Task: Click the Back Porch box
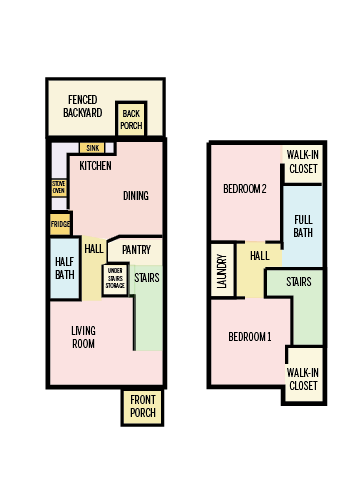(131, 119)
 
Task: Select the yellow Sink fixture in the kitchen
(94, 148)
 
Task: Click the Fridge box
(60, 224)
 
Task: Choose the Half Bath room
(64, 269)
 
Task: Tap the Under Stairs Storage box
(115, 278)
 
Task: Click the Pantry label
(136, 249)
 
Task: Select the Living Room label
(83, 337)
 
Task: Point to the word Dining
(137, 196)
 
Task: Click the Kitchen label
(95, 166)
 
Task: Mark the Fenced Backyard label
(82, 106)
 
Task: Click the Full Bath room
(302, 226)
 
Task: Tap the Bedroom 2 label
(244, 189)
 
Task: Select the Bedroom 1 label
(249, 337)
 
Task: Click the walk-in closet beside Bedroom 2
(302, 162)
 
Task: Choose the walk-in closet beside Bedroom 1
(303, 379)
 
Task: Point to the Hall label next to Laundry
(259, 257)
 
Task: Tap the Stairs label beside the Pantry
(146, 278)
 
